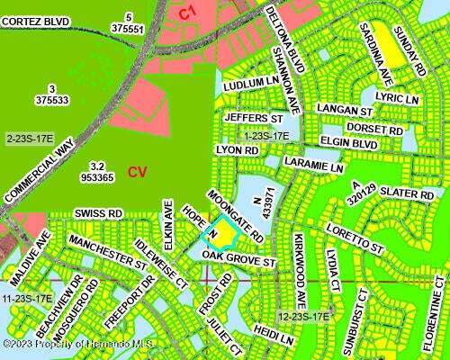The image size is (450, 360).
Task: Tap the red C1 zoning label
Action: click(x=186, y=12)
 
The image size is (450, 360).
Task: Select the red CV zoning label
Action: click(x=137, y=172)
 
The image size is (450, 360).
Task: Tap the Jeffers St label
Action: click(x=249, y=117)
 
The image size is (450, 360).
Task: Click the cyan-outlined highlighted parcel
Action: click(x=220, y=233)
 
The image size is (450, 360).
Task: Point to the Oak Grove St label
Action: click(x=238, y=260)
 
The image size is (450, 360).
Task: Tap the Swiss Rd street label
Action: click(x=98, y=213)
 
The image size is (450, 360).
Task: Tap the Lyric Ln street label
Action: click(x=398, y=96)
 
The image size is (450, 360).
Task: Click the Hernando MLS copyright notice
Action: click(x=66, y=344)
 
